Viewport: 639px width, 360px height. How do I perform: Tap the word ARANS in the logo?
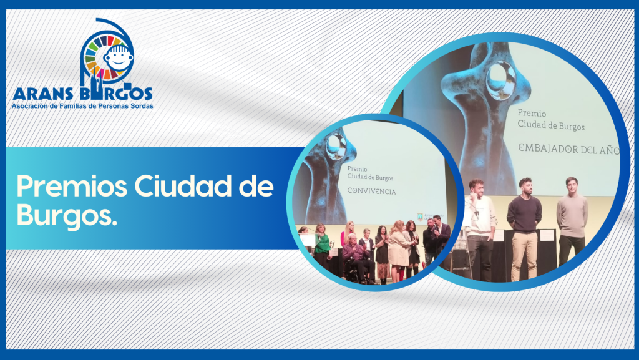[x=44, y=94]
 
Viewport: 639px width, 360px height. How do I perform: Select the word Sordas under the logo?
[x=140, y=106]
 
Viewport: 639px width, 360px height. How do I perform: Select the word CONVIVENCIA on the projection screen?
[x=371, y=190]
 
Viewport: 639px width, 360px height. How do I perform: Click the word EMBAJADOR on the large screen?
[x=548, y=148]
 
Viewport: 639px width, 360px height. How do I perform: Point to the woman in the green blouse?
[x=322, y=247]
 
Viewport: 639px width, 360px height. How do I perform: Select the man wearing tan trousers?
[x=524, y=229]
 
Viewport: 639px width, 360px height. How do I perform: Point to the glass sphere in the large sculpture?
[x=500, y=80]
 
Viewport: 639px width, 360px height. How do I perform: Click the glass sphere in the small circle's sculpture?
[x=336, y=147]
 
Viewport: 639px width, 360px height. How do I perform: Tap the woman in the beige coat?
[x=398, y=250]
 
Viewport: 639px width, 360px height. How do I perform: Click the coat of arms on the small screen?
[x=420, y=217]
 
